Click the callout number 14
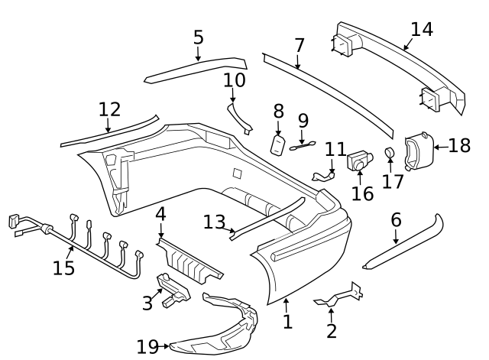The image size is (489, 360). point(421,30)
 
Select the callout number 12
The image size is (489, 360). point(109,109)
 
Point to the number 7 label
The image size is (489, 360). point(299,45)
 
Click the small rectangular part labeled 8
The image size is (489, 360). point(277,144)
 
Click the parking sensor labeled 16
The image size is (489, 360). point(359,161)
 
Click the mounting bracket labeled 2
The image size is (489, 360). point(340,295)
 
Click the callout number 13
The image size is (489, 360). point(214,222)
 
